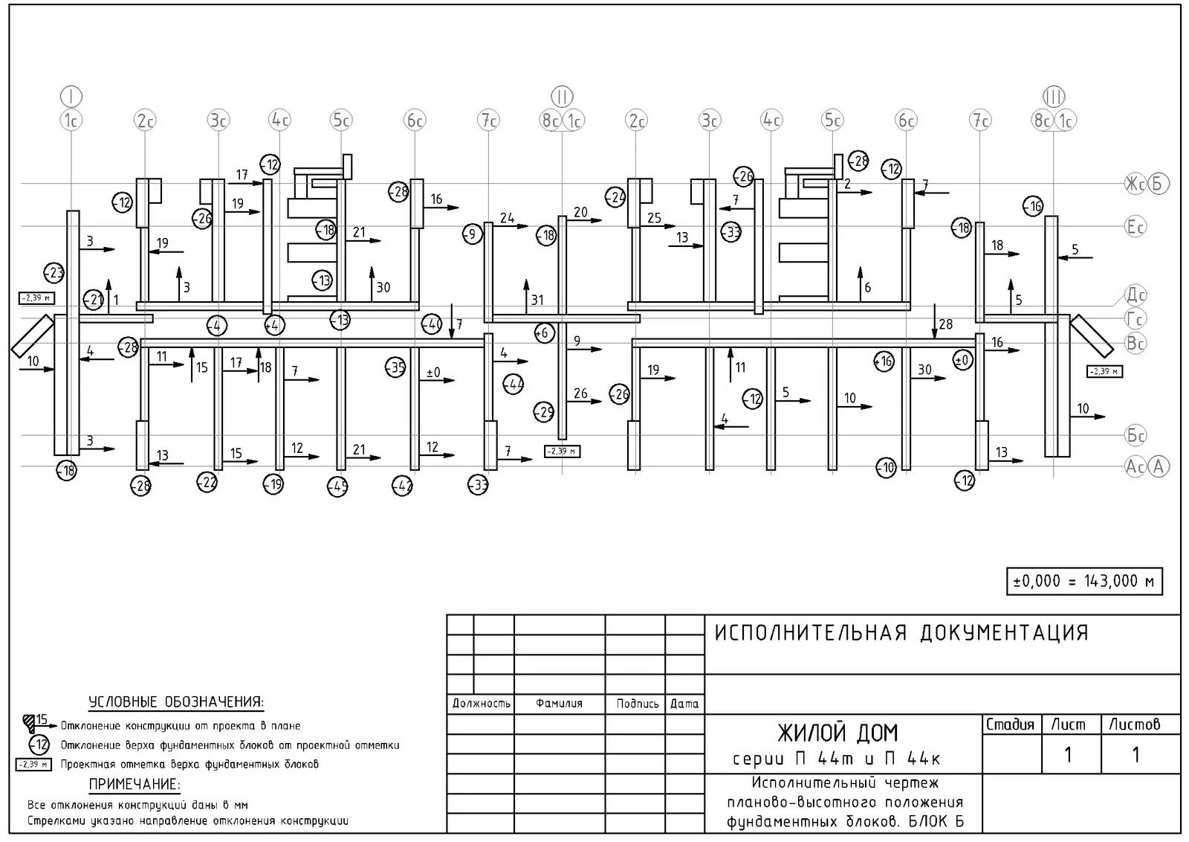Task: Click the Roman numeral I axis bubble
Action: coord(71,96)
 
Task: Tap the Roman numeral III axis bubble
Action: coord(1054,97)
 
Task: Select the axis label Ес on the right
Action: coord(1135,227)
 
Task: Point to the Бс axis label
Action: coord(1135,435)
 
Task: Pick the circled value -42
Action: coord(402,486)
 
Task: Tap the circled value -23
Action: coord(54,272)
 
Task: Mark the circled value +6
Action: coord(545,333)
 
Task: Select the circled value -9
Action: coord(471,234)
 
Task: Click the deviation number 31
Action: coord(537,301)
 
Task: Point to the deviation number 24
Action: coord(507,218)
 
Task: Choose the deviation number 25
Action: coord(654,218)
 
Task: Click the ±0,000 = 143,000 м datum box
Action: coord(1084,581)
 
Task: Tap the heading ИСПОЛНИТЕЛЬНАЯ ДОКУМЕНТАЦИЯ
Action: coord(901,633)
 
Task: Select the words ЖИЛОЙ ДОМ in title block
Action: coord(838,733)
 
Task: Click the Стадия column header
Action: coord(1010,724)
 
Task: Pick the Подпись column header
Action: coord(637,704)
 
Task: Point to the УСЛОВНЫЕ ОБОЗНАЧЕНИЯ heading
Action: coord(176,702)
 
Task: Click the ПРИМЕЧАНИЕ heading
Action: coord(135,784)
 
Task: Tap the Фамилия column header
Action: coord(559,704)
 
